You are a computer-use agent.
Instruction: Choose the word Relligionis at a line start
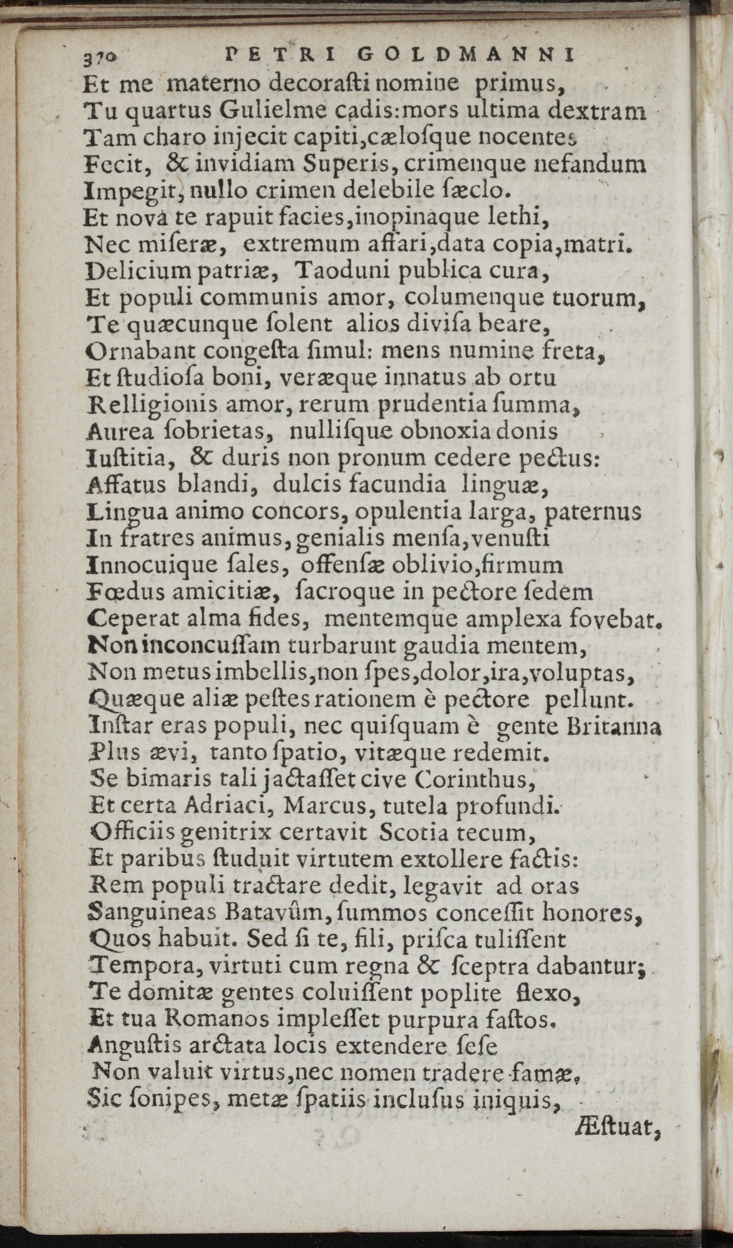[150, 406]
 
